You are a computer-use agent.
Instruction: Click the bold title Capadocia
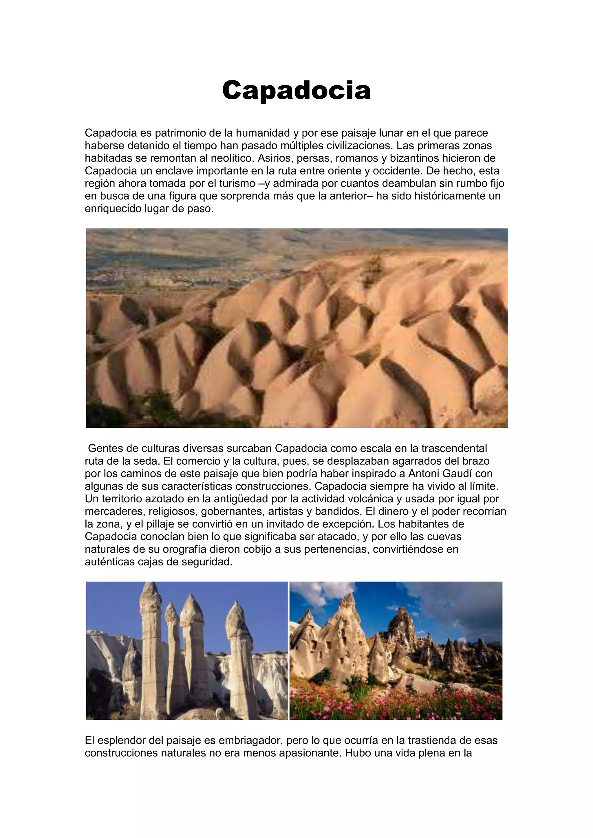tap(296, 90)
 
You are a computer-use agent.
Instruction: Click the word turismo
tap(235, 183)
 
